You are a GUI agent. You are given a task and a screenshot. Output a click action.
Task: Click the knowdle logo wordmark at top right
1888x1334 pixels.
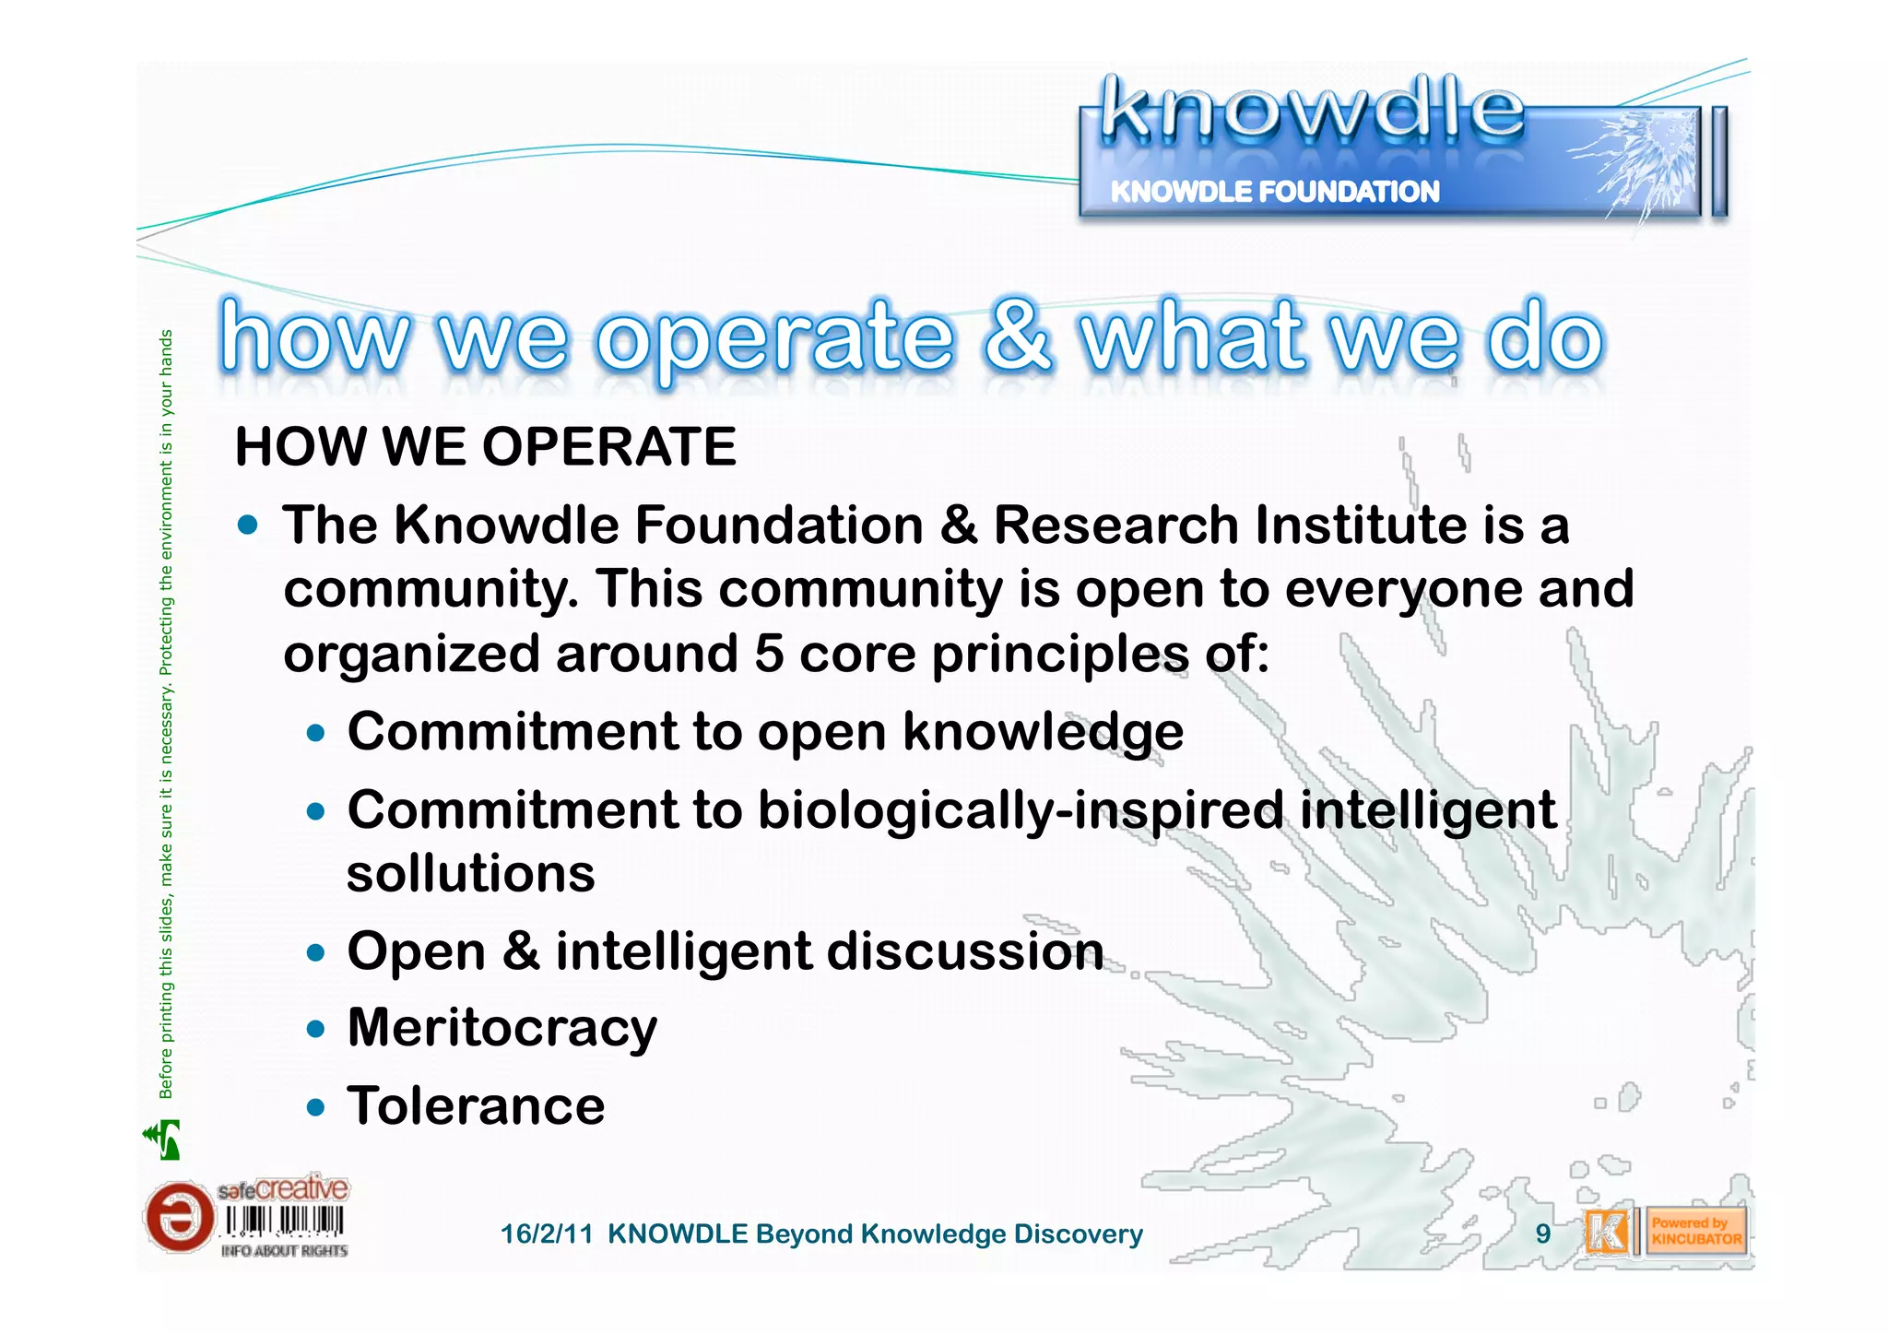click(1311, 112)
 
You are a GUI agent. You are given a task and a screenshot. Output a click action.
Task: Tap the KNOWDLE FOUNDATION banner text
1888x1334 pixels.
click(1274, 192)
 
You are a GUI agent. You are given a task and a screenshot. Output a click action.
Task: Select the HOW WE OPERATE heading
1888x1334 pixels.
click(486, 447)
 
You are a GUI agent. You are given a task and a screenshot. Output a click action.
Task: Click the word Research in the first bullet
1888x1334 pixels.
click(1115, 525)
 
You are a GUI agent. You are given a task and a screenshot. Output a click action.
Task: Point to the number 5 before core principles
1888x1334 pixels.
click(768, 654)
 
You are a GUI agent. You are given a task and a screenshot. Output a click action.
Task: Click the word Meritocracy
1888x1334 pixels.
click(502, 1028)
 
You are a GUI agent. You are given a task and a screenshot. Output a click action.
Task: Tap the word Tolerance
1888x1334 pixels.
click(476, 1106)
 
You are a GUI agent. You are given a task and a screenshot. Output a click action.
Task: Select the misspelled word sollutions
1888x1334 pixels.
click(470, 873)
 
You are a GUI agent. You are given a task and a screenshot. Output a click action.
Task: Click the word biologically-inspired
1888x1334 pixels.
click(1021, 810)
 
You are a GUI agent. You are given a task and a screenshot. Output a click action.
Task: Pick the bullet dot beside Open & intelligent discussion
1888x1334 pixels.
click(316, 952)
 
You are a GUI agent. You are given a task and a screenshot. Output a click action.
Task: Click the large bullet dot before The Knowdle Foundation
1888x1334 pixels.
click(247, 525)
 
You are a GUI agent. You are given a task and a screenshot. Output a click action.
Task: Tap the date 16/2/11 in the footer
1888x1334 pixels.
click(546, 1234)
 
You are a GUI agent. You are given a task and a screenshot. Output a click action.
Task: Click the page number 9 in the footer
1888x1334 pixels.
click(1542, 1234)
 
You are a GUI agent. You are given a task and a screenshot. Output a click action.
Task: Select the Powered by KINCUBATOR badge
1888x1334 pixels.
click(1695, 1232)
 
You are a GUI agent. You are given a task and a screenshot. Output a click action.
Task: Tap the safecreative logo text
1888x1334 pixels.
click(283, 1189)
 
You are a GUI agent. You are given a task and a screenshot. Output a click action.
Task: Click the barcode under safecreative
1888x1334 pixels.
click(284, 1222)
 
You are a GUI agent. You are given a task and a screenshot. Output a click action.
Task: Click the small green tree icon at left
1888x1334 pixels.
click(163, 1139)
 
